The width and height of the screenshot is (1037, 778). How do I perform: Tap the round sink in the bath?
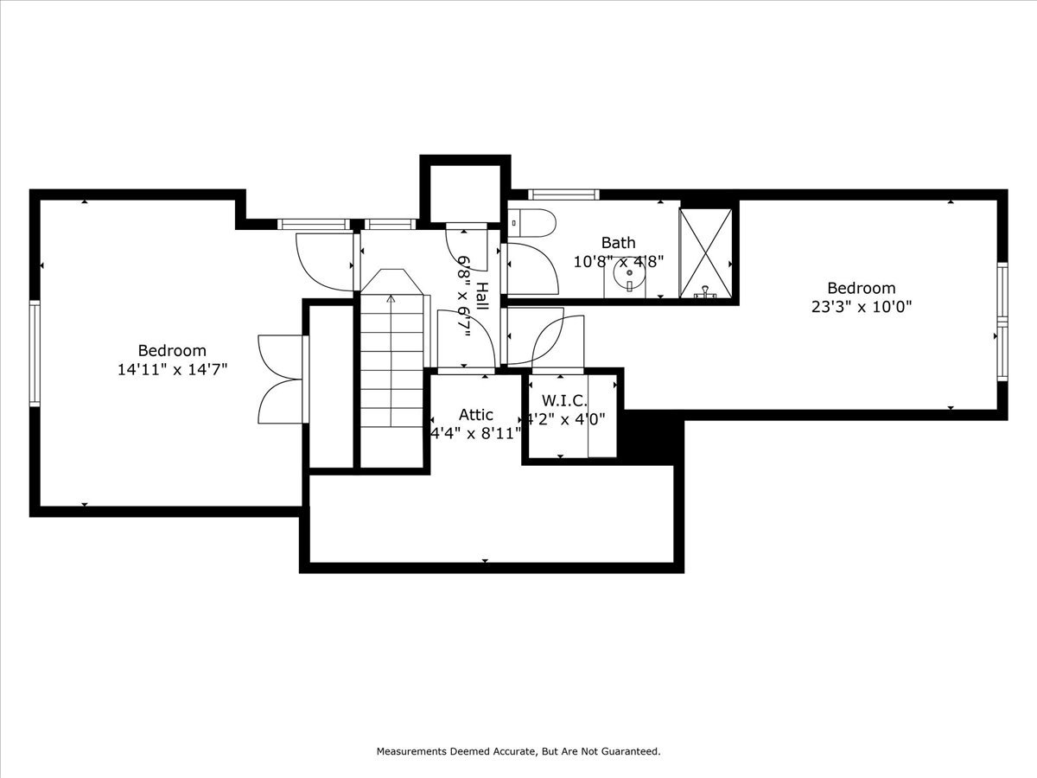click(x=630, y=276)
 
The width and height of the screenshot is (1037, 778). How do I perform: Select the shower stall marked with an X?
click(x=705, y=252)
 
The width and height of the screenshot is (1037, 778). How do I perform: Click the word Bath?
click(x=618, y=243)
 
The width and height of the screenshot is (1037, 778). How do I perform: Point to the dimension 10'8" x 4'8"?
click(x=618, y=261)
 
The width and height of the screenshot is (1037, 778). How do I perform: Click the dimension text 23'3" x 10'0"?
click(x=861, y=306)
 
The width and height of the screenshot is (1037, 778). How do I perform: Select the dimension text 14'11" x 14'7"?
click(x=172, y=369)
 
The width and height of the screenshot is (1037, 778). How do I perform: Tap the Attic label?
click(x=475, y=415)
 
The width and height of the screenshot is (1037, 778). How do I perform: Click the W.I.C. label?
click(x=564, y=401)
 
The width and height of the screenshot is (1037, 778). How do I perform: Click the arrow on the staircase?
click(x=391, y=301)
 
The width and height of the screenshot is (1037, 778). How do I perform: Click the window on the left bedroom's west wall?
click(x=35, y=353)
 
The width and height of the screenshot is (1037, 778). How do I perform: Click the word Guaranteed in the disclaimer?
click(x=630, y=751)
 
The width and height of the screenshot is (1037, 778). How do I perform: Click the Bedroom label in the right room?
click(x=861, y=288)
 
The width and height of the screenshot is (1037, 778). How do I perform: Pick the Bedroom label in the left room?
click(x=172, y=350)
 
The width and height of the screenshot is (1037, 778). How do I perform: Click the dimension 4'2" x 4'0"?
click(x=566, y=418)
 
